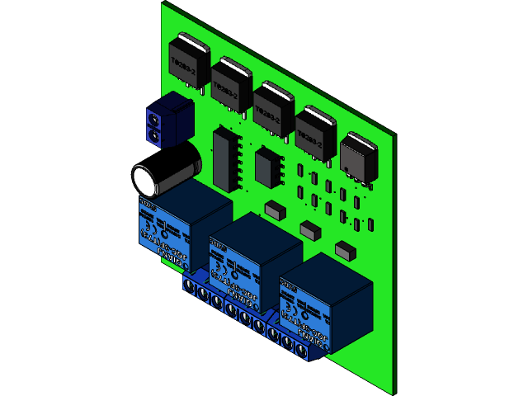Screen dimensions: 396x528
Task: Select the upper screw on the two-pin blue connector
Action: point(153,120)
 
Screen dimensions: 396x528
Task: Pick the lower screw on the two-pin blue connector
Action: point(153,134)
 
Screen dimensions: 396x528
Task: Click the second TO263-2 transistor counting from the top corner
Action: point(230,82)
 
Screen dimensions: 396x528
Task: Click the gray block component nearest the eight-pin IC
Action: point(275,209)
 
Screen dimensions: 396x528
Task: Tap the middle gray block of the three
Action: point(309,229)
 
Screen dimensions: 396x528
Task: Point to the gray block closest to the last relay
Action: point(345,248)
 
